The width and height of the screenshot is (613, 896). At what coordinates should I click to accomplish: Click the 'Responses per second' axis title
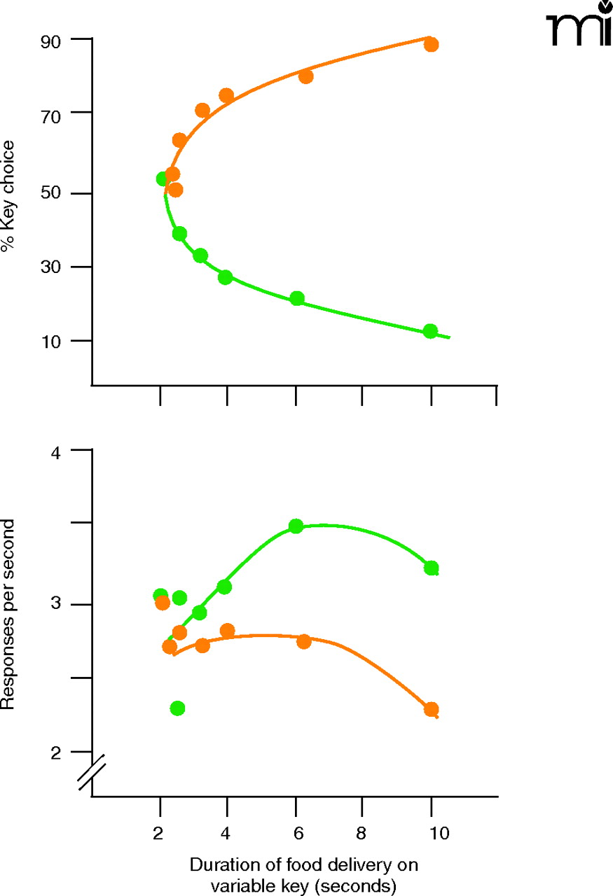coord(9,614)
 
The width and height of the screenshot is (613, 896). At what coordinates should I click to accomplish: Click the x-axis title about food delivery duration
coord(303,875)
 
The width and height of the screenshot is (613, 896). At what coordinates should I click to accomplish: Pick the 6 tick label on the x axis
coord(295,834)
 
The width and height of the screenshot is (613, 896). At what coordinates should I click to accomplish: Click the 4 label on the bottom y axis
coord(55,452)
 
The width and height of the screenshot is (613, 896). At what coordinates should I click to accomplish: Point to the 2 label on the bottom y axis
coord(55,752)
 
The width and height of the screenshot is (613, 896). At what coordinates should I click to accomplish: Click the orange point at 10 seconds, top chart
coord(432,45)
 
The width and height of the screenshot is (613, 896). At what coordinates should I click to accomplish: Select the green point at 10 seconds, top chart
coord(430,331)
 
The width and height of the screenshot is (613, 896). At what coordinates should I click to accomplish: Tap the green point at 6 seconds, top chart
coord(297,299)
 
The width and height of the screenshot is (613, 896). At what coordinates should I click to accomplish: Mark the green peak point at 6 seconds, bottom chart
coord(296,526)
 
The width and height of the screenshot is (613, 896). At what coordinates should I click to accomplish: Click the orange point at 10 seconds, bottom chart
coord(432,710)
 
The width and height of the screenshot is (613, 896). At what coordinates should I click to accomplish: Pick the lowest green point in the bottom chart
coord(178,708)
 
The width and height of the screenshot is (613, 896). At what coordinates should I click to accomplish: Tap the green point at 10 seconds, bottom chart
coord(432,568)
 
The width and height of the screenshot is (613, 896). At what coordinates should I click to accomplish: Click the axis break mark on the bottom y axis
coord(92,772)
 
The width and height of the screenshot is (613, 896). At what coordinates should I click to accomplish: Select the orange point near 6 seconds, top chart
coord(306,76)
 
